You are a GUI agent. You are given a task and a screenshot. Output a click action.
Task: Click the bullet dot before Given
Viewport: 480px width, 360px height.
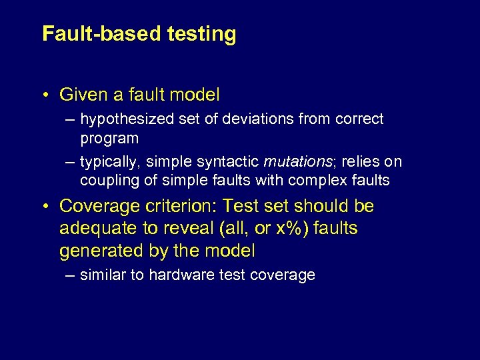(x=45, y=95)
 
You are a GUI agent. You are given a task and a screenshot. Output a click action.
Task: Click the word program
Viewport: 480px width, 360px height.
(x=109, y=139)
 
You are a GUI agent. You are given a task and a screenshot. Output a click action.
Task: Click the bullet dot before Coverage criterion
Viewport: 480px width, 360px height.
(x=45, y=207)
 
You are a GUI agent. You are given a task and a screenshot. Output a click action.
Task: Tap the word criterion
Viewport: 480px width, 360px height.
(x=178, y=207)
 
